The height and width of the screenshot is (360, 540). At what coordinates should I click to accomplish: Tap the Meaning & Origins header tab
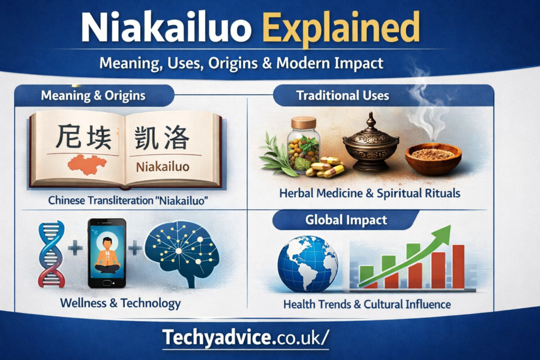(x=93, y=95)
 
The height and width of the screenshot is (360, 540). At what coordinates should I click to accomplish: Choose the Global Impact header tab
(x=346, y=220)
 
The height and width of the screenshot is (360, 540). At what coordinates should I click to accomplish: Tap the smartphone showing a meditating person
(x=107, y=253)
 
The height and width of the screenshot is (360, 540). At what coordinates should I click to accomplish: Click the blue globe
(x=308, y=264)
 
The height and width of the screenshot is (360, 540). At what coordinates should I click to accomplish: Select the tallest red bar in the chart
(x=458, y=266)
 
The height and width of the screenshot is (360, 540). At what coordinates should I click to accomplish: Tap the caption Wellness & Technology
(x=120, y=303)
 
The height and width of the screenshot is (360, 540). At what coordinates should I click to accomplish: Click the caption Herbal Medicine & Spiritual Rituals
(x=370, y=193)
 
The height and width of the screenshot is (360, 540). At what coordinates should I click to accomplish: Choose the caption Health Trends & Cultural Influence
(x=367, y=304)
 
